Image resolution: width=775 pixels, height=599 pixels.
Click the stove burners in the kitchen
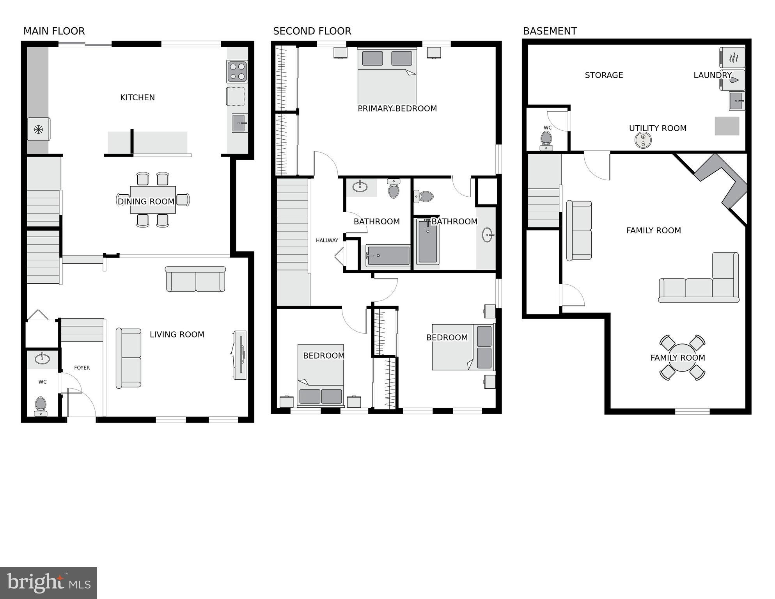tap(237, 71)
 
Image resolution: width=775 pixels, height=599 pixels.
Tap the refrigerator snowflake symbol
tap(38, 129)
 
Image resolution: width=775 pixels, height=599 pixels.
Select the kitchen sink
tap(239, 123)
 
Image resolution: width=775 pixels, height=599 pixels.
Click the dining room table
tap(153, 200)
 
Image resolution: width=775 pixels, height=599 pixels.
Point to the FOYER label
tap(82, 368)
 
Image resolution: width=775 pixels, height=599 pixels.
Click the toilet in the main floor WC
tap(41, 405)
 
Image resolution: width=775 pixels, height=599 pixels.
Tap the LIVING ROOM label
tap(177, 334)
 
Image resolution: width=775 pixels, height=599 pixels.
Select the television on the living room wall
tap(240, 355)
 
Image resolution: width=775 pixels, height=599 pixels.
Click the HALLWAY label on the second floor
tap(327, 240)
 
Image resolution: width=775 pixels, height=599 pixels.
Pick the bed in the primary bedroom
tap(387, 76)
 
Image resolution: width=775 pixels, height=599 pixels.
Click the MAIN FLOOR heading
tap(54, 31)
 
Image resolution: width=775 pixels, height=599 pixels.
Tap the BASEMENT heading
tap(550, 31)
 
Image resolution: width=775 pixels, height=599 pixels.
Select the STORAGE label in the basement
tap(604, 75)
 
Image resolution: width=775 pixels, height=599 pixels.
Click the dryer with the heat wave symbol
tap(732, 58)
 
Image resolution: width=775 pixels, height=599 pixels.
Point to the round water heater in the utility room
tap(643, 140)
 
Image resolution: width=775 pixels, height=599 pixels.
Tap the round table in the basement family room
tap(682, 357)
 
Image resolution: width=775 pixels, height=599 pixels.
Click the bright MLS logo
tap(48, 583)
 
